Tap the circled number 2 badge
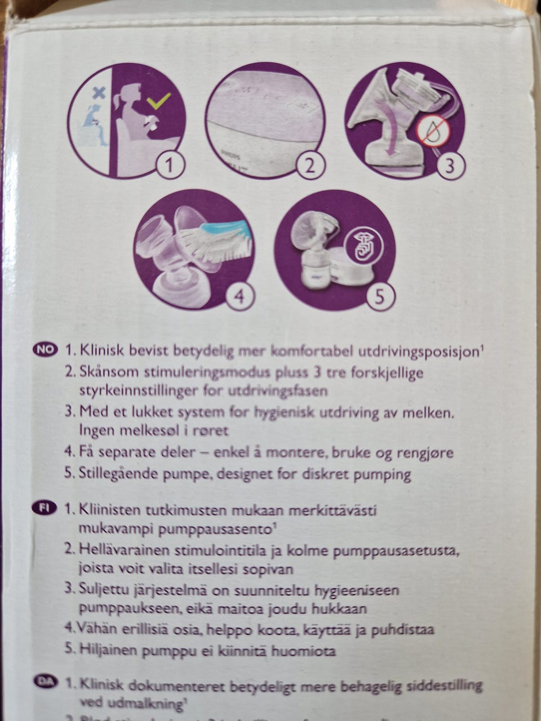click(x=309, y=165)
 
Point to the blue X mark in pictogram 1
click(x=99, y=94)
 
